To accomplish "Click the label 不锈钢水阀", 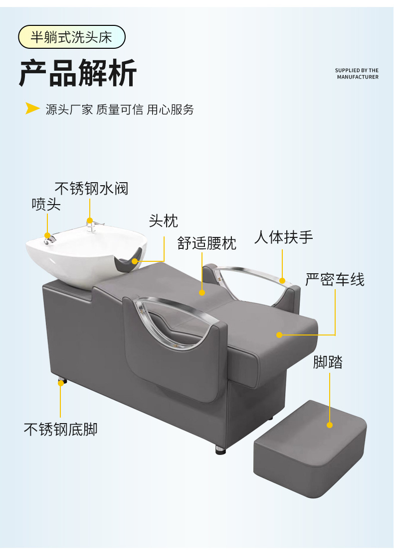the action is pyautogui.click(x=91, y=189).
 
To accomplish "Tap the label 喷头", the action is pyautogui.click(x=46, y=204).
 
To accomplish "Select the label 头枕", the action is pyautogui.click(x=163, y=221).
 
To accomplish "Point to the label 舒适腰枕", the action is pyautogui.click(x=207, y=243).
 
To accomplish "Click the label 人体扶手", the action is pyautogui.click(x=283, y=237).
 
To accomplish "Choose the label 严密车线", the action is pyautogui.click(x=335, y=279).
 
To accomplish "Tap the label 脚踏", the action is pyautogui.click(x=328, y=362).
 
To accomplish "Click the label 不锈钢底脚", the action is pyautogui.click(x=60, y=429).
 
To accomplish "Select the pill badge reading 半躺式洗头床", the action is pyautogui.click(x=71, y=37).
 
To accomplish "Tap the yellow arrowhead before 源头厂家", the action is pyautogui.click(x=32, y=109).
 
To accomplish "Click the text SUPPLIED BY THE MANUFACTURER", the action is pyautogui.click(x=357, y=74).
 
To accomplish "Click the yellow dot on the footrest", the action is pyautogui.click(x=330, y=425).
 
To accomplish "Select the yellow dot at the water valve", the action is pyautogui.click(x=90, y=221).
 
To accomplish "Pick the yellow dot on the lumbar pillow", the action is pyautogui.click(x=202, y=293).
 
